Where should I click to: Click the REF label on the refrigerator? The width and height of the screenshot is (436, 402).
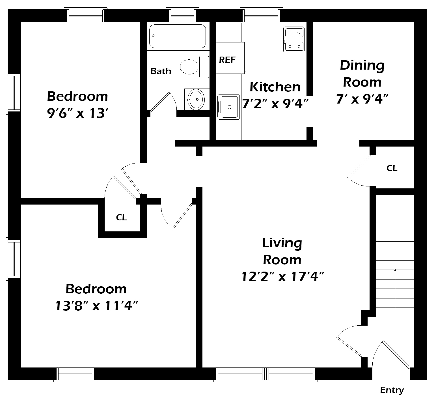point(227,60)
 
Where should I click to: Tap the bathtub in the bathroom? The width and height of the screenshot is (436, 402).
point(178,36)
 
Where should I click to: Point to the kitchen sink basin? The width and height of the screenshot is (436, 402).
point(229,107)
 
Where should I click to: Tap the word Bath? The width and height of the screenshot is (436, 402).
point(161,71)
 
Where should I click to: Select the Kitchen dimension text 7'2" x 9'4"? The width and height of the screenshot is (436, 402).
point(275,104)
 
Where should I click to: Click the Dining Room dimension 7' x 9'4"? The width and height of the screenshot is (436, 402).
point(362,99)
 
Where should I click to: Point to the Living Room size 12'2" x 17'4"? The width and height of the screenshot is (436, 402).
point(282,276)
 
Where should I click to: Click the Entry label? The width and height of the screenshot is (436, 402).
point(392,390)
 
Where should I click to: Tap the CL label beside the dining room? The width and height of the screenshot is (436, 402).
point(392,168)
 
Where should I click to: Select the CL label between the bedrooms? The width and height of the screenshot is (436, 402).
point(121,217)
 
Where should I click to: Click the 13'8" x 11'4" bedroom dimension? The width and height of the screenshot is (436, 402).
point(96,306)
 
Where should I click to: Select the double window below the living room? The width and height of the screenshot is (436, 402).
point(266,374)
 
